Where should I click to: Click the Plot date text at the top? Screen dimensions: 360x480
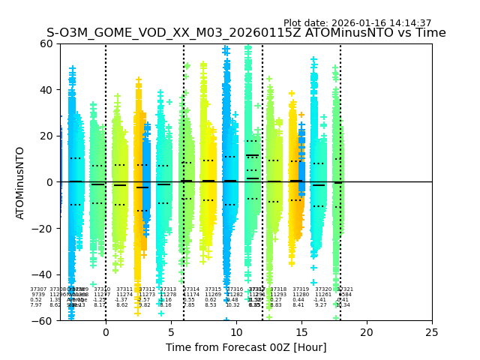pyautogui.click(x=357, y=23)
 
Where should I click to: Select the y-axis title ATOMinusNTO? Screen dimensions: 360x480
pyautogui.click(x=21, y=182)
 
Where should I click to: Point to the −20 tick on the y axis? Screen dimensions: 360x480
pyautogui.click(x=45, y=228)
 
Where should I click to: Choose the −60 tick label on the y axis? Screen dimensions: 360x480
pyautogui.click(x=45, y=320)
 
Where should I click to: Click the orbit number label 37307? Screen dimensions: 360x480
pyautogui.click(x=38, y=289)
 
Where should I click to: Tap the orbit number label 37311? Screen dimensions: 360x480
pyautogui.click(x=124, y=289)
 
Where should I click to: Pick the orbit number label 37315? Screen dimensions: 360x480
pyautogui.click(x=213, y=289)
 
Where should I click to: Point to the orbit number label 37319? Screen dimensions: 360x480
pyautogui.click(x=301, y=289)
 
